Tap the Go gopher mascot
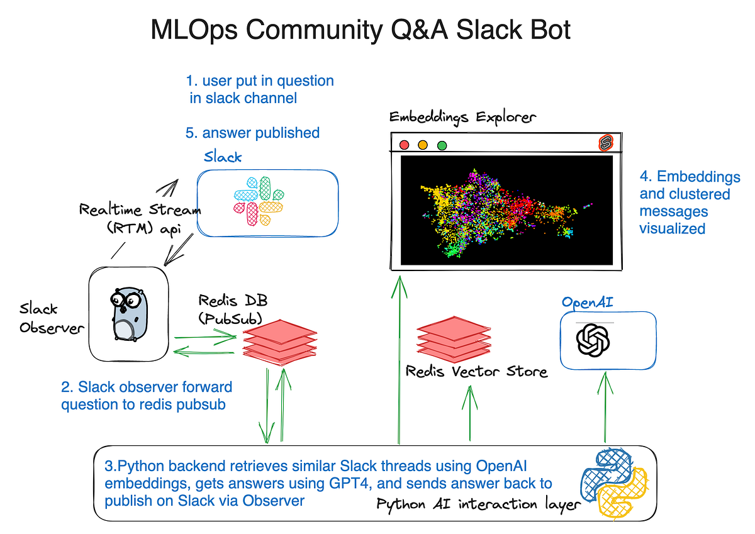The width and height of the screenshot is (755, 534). (128, 313)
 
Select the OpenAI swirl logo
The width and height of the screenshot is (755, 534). (593, 342)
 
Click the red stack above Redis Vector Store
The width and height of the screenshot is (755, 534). (452, 338)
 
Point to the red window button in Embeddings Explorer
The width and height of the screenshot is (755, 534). (404, 145)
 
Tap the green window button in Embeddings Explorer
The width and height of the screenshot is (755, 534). (442, 145)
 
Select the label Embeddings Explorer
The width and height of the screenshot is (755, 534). (462, 116)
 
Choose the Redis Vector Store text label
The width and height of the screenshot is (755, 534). (476, 372)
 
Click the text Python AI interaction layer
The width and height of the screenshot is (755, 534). (478, 504)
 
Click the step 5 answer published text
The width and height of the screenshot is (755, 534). (252, 133)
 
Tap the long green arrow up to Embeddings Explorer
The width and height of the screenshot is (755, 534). (398, 359)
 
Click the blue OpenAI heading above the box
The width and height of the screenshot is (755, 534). (588, 302)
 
